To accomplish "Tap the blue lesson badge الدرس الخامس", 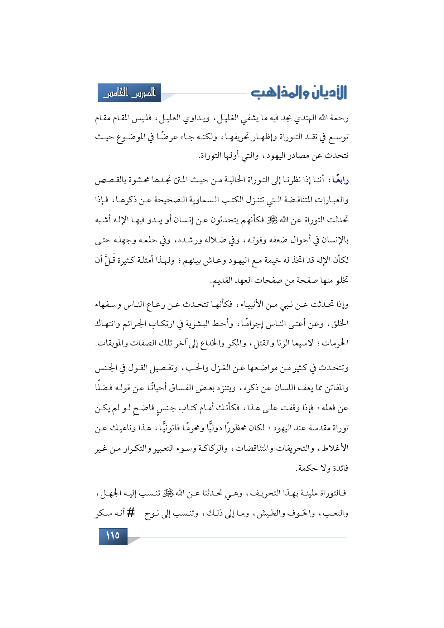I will (x=129, y=93).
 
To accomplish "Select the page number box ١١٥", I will (x=113, y=536).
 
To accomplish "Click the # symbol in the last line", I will (x=131, y=513).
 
